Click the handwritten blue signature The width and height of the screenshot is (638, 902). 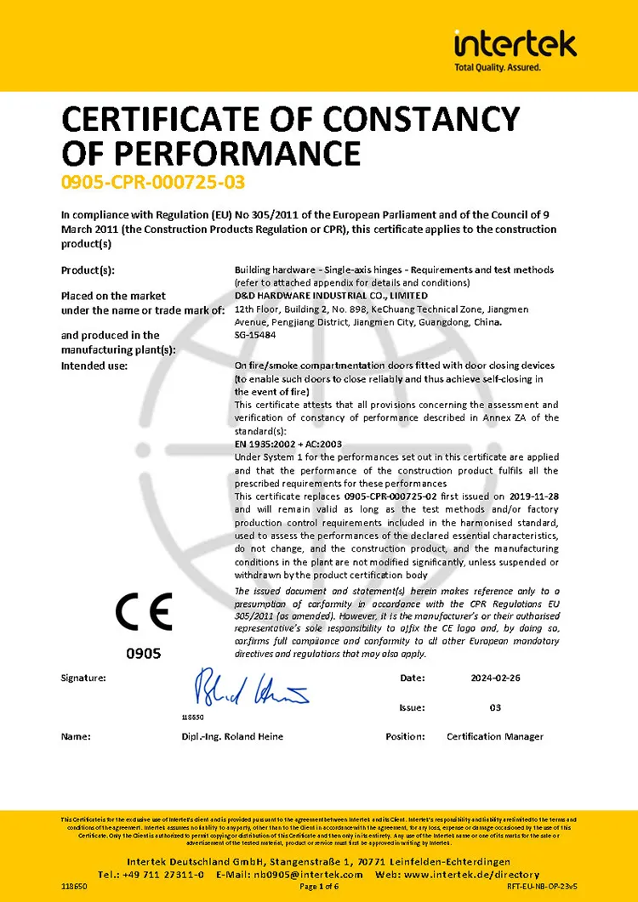(251, 688)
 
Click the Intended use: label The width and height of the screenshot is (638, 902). (94, 366)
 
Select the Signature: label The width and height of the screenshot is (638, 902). (83, 678)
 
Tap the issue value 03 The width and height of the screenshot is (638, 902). (495, 707)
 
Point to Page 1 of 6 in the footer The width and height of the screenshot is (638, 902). (320, 887)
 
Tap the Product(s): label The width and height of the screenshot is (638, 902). (88, 270)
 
